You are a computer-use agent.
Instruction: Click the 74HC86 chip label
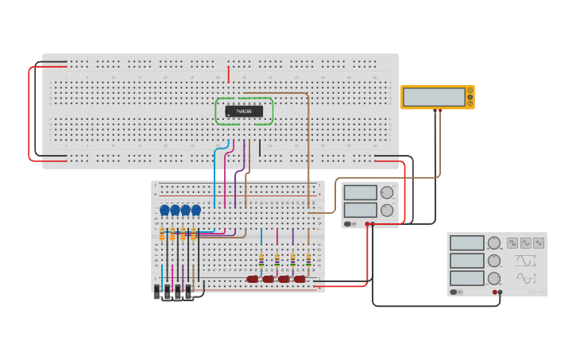point(244,111)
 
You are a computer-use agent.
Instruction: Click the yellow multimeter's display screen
point(434,97)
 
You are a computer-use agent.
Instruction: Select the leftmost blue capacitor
point(164,210)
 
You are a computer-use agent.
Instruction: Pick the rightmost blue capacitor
point(196,210)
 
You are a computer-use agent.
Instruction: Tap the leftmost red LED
point(253,279)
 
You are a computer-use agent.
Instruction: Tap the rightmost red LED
point(300,279)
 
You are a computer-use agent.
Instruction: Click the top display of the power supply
point(361,192)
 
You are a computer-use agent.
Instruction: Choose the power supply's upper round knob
point(387,192)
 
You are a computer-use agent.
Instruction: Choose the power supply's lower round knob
point(387,210)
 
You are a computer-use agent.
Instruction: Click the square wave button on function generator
point(512,242)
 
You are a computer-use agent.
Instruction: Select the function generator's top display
point(466,243)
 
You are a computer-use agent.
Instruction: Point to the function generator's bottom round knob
point(494,278)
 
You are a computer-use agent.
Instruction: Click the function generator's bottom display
point(466,278)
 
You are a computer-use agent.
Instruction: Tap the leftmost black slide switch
point(157,291)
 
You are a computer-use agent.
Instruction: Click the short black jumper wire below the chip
point(259,147)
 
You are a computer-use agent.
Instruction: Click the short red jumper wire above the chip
point(229,74)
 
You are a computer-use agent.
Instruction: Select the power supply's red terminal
point(367,224)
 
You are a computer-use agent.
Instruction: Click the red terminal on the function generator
point(494,292)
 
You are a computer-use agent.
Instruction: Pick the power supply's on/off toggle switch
point(348,224)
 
